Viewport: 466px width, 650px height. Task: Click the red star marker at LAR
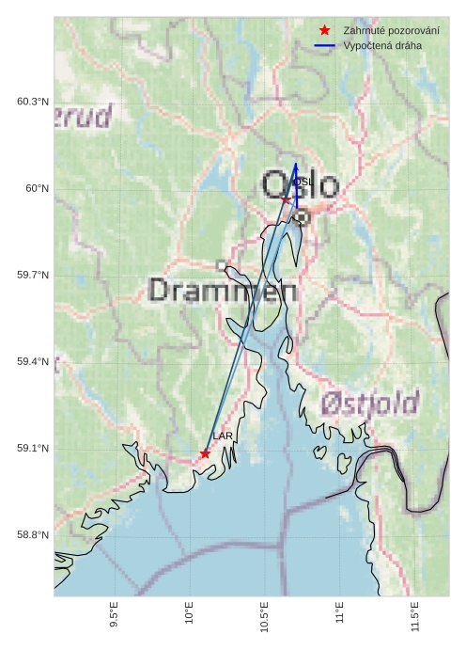205,453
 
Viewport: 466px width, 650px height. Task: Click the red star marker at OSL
286,200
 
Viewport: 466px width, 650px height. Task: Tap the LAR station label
223,436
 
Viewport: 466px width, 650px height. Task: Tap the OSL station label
303,182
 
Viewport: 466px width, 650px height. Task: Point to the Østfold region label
369,404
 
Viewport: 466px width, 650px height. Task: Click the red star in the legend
324,31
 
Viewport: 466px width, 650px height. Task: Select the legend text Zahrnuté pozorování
391,31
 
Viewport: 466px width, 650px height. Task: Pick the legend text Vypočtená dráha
382,45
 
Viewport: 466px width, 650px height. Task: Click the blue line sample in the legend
324,45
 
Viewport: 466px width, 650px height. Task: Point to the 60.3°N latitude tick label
32,102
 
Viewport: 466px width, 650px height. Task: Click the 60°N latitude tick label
37,188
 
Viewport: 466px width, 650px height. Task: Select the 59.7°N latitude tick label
32,275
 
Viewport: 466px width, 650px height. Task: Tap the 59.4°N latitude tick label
32,361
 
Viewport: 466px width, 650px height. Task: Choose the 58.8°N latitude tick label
32,534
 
